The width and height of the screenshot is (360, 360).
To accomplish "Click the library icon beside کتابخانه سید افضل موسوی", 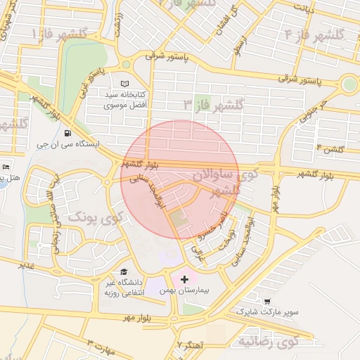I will coord(126,83).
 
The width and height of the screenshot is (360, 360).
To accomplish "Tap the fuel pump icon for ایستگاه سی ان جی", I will coord(67,133).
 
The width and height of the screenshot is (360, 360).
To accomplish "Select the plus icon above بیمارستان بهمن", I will coord(185,279).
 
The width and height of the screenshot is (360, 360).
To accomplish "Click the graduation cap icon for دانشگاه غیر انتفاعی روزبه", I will coord(124,271).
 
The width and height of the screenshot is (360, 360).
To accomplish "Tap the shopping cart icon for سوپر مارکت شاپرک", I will coord(267,301).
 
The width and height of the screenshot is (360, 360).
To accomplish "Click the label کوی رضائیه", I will coord(269,341).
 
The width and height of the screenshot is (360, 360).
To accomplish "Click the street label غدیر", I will coord(27,265).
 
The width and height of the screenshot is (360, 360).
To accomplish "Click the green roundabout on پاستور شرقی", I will coord(349,85).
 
